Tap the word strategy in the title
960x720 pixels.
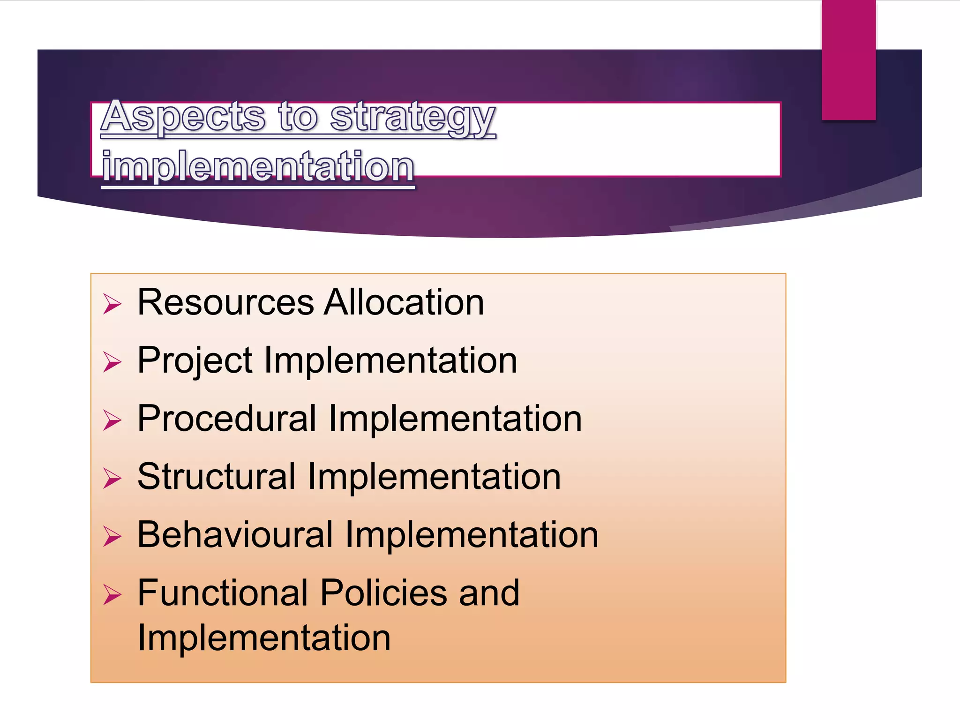(x=412, y=117)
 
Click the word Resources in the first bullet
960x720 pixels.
(x=225, y=302)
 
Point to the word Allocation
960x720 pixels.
(x=404, y=302)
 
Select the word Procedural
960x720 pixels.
(x=227, y=419)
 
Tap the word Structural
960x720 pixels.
(x=217, y=477)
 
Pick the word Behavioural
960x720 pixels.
(x=235, y=535)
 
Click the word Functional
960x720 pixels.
(x=223, y=593)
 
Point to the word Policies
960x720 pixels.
(x=384, y=593)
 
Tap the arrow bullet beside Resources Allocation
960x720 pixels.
(x=112, y=304)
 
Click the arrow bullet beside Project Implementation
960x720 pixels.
(x=112, y=362)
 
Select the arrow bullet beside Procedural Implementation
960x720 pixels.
(x=112, y=420)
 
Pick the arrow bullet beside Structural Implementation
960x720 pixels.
(x=112, y=478)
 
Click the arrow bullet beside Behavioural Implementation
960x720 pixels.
(x=112, y=536)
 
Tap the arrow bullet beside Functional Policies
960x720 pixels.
(x=112, y=594)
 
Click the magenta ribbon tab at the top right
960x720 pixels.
(x=848, y=60)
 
